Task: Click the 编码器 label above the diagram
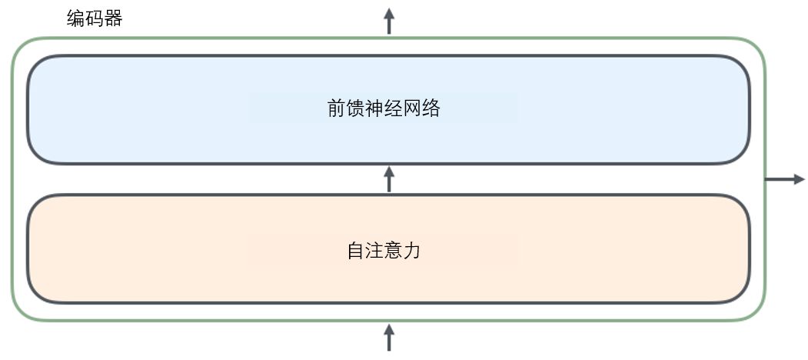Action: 95,18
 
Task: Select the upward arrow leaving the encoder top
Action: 389,22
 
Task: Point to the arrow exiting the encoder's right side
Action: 785,179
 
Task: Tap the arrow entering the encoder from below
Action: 389,338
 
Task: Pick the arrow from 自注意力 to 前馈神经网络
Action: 389,179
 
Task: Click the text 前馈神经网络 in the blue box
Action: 384,108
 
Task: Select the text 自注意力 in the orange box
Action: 384,250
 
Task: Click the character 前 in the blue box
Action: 336,108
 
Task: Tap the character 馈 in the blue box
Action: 355,108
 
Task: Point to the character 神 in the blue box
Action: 374,108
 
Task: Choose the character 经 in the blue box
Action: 394,108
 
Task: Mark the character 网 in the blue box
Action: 413,108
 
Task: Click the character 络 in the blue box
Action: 431,108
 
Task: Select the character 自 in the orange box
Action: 355,250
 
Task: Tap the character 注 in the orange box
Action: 374,250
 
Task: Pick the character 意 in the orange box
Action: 394,250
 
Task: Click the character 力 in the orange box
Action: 412,250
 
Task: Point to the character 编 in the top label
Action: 76,18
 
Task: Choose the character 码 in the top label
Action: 95,18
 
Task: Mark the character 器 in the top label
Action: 113,18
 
